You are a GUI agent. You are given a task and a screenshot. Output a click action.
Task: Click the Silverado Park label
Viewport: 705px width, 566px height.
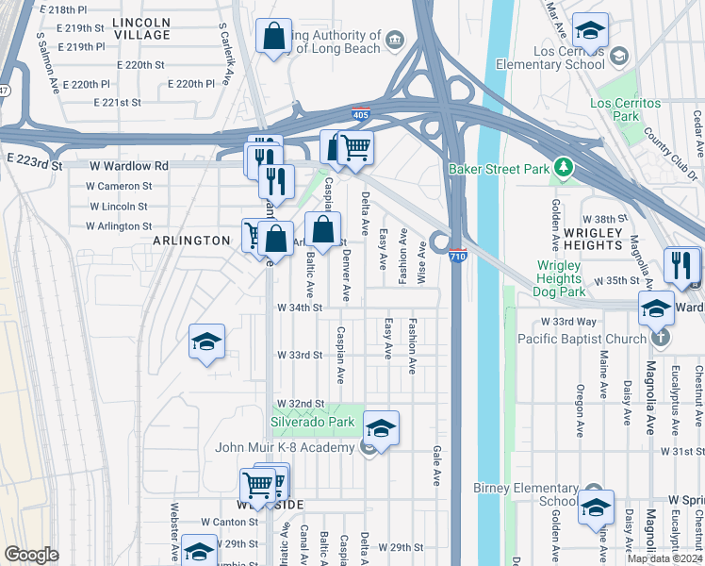312,422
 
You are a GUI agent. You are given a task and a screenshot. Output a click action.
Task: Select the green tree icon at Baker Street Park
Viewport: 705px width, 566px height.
564,168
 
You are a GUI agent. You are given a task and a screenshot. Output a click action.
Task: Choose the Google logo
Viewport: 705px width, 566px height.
32,555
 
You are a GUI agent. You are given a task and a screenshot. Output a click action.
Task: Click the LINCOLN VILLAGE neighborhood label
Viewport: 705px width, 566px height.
141,28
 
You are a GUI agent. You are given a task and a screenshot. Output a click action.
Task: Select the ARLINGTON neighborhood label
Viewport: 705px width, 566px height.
191,241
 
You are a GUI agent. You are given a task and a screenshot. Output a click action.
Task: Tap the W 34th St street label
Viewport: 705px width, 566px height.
300,308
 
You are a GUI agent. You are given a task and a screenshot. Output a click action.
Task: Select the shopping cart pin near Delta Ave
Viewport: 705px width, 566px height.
355,146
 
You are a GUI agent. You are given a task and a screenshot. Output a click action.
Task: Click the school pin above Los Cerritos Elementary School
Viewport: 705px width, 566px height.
590,32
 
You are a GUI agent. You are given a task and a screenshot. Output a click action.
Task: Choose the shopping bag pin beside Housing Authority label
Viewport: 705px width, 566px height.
273,37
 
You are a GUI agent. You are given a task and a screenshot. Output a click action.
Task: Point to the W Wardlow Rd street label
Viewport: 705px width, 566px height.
129,166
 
